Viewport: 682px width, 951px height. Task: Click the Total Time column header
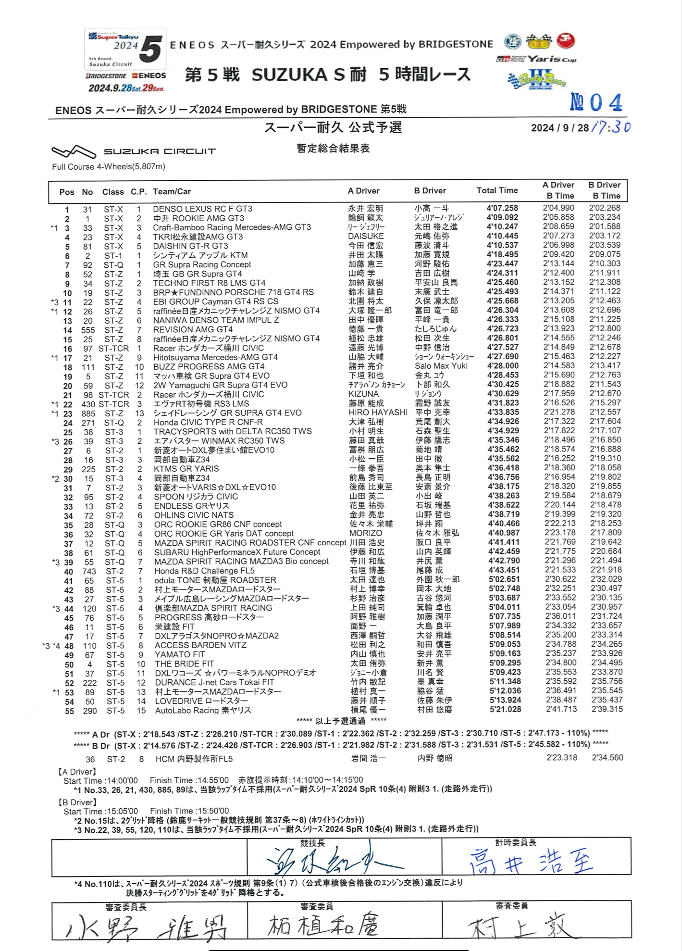(497, 190)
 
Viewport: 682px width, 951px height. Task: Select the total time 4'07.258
(502, 208)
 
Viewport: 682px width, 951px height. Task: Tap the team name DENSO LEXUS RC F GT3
(202, 209)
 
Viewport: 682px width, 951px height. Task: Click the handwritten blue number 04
(596, 102)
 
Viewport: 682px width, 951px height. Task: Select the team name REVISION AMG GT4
(193, 329)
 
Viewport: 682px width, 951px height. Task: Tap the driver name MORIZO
(366, 533)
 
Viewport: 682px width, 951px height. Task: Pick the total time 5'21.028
(505, 710)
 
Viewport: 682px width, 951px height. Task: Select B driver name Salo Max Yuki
(441, 366)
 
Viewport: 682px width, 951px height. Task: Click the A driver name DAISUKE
(366, 237)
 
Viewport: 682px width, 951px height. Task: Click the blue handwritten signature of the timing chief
(531, 861)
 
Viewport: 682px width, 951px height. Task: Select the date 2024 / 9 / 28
(559, 128)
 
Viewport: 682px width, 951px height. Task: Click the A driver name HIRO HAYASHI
(378, 413)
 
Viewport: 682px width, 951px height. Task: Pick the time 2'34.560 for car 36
(608, 758)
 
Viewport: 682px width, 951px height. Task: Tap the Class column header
(113, 192)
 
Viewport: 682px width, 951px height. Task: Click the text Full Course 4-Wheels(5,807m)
(109, 167)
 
